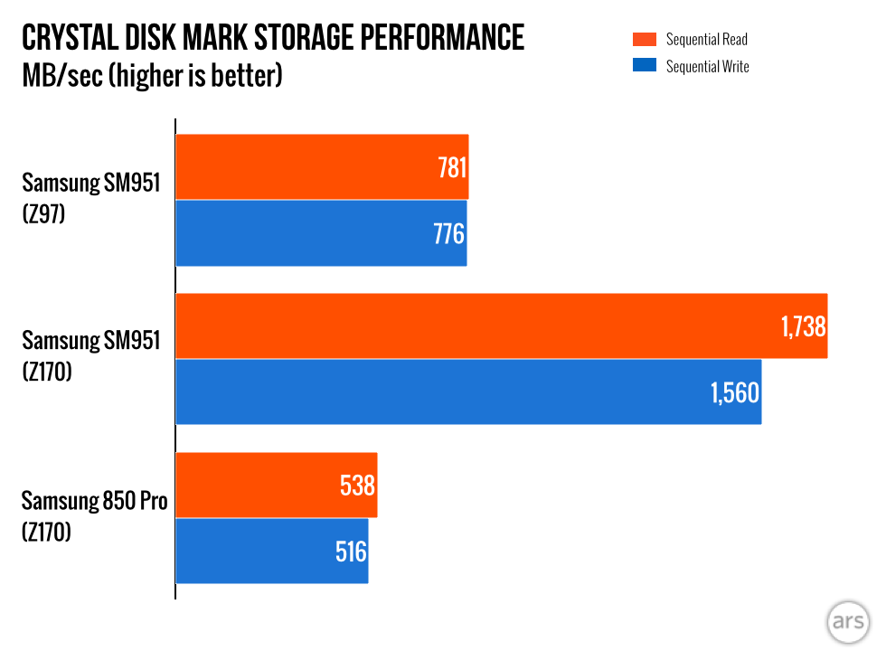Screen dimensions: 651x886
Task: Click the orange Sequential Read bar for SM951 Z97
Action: click(x=321, y=167)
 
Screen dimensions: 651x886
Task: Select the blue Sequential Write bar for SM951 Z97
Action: click(x=320, y=233)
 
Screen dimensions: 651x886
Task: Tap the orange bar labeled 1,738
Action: click(x=501, y=325)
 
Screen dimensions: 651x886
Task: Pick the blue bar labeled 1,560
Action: click(x=467, y=392)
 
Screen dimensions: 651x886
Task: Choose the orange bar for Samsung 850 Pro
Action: click(x=276, y=486)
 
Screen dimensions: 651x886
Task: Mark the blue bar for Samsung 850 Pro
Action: click(x=271, y=551)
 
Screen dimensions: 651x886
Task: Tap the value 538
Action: click(x=356, y=486)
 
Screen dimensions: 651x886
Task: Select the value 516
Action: click(x=351, y=551)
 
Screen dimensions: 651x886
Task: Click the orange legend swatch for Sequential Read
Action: click(x=644, y=39)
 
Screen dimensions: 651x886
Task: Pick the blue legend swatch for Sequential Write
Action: click(x=644, y=66)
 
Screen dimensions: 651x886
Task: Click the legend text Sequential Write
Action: click(x=707, y=66)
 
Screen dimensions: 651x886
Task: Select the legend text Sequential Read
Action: click(x=706, y=39)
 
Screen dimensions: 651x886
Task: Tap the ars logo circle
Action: click(x=849, y=622)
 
